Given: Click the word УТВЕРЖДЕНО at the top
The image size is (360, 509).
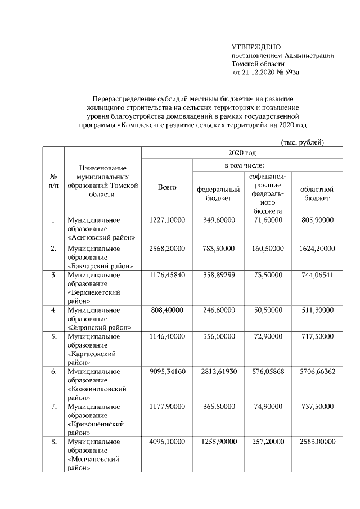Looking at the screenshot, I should (256, 47).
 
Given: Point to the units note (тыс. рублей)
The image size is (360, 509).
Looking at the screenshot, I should (302, 142).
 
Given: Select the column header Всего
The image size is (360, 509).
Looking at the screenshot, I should (166, 187).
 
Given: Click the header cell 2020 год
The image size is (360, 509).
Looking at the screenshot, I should (242, 153).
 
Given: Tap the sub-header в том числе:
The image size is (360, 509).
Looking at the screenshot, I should (242, 165).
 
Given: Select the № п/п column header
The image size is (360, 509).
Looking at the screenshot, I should (53, 181).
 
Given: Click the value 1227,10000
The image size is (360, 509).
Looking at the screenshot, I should (166, 220).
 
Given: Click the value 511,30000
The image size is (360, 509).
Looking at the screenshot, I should (317, 310).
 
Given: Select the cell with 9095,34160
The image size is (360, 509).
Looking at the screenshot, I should (166, 372).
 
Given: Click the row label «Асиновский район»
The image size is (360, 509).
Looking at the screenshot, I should (101, 237).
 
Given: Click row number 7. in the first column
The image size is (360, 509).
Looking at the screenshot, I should (53, 407).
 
